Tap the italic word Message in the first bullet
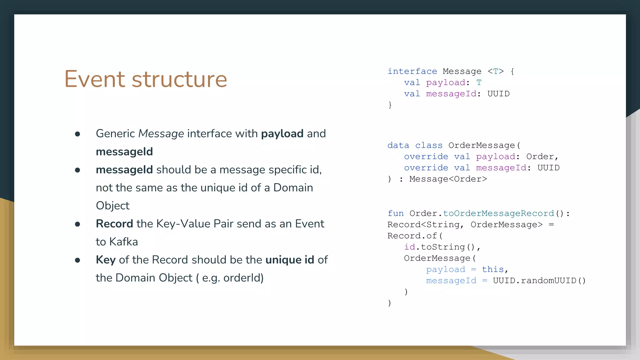coord(161,134)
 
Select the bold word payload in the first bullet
coord(282,134)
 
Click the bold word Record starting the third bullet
coord(114,224)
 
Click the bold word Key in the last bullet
coord(106,260)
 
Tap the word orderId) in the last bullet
coord(243,278)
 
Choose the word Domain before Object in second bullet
coord(293,188)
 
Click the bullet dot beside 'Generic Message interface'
coord(77,134)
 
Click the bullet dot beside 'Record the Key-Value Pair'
coord(77,224)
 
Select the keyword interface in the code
coord(412,72)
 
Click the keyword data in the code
coord(398,146)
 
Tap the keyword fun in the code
coord(395,214)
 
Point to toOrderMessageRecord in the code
coord(498,214)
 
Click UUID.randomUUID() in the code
coord(539,281)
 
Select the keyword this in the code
coord(493,269)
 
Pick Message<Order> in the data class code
coord(448,179)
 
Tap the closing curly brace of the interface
coord(390,105)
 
